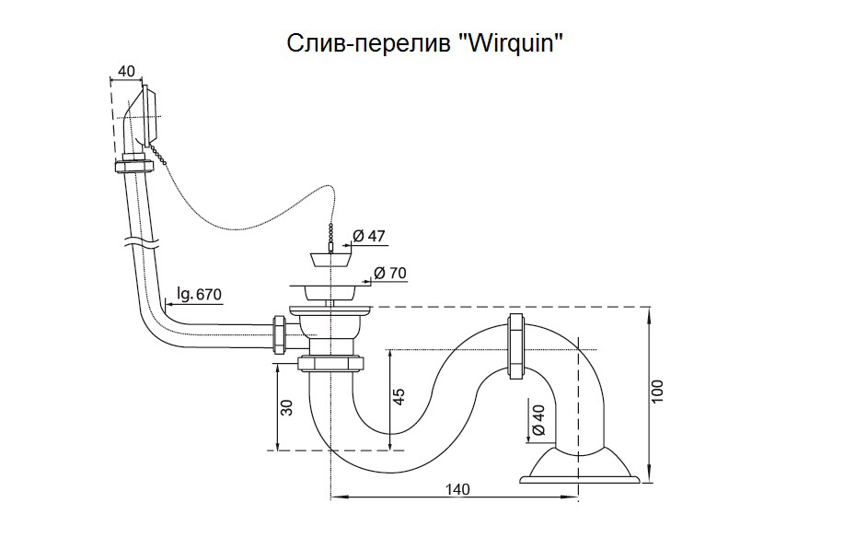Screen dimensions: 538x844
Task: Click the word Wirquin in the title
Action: [x=511, y=42]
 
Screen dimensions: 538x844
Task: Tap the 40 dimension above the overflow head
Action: [x=127, y=70]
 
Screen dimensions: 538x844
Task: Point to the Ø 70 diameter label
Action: [x=390, y=274]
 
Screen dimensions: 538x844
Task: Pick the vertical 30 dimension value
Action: [x=286, y=406]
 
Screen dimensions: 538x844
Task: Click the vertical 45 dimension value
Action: [x=398, y=395]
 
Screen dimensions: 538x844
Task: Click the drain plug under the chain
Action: [x=326, y=256]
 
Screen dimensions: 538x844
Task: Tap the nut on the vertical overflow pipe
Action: [x=134, y=167]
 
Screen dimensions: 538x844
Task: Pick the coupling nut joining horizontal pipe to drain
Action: [x=279, y=335]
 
